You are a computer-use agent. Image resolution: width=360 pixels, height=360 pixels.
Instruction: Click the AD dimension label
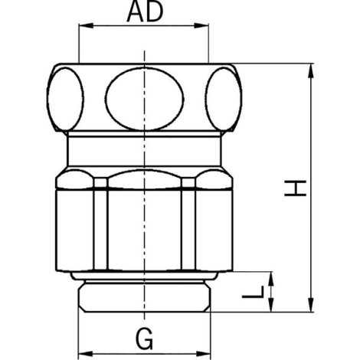145,12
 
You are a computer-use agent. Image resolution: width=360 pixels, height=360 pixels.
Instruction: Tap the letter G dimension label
145,339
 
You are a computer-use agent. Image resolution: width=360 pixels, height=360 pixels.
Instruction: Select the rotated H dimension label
295,188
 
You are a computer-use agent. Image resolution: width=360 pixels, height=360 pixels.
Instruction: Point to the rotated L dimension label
253,292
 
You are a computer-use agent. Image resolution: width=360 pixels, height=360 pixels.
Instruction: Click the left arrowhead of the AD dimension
86,25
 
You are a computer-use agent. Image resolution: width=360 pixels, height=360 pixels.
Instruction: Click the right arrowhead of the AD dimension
201,25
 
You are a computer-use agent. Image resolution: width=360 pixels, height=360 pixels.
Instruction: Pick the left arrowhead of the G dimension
85,354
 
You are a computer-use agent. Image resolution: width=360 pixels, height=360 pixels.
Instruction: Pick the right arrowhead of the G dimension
204,354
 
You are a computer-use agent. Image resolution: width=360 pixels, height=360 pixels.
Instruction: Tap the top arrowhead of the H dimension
311,70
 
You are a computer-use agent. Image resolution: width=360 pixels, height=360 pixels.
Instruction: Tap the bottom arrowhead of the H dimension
311,305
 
